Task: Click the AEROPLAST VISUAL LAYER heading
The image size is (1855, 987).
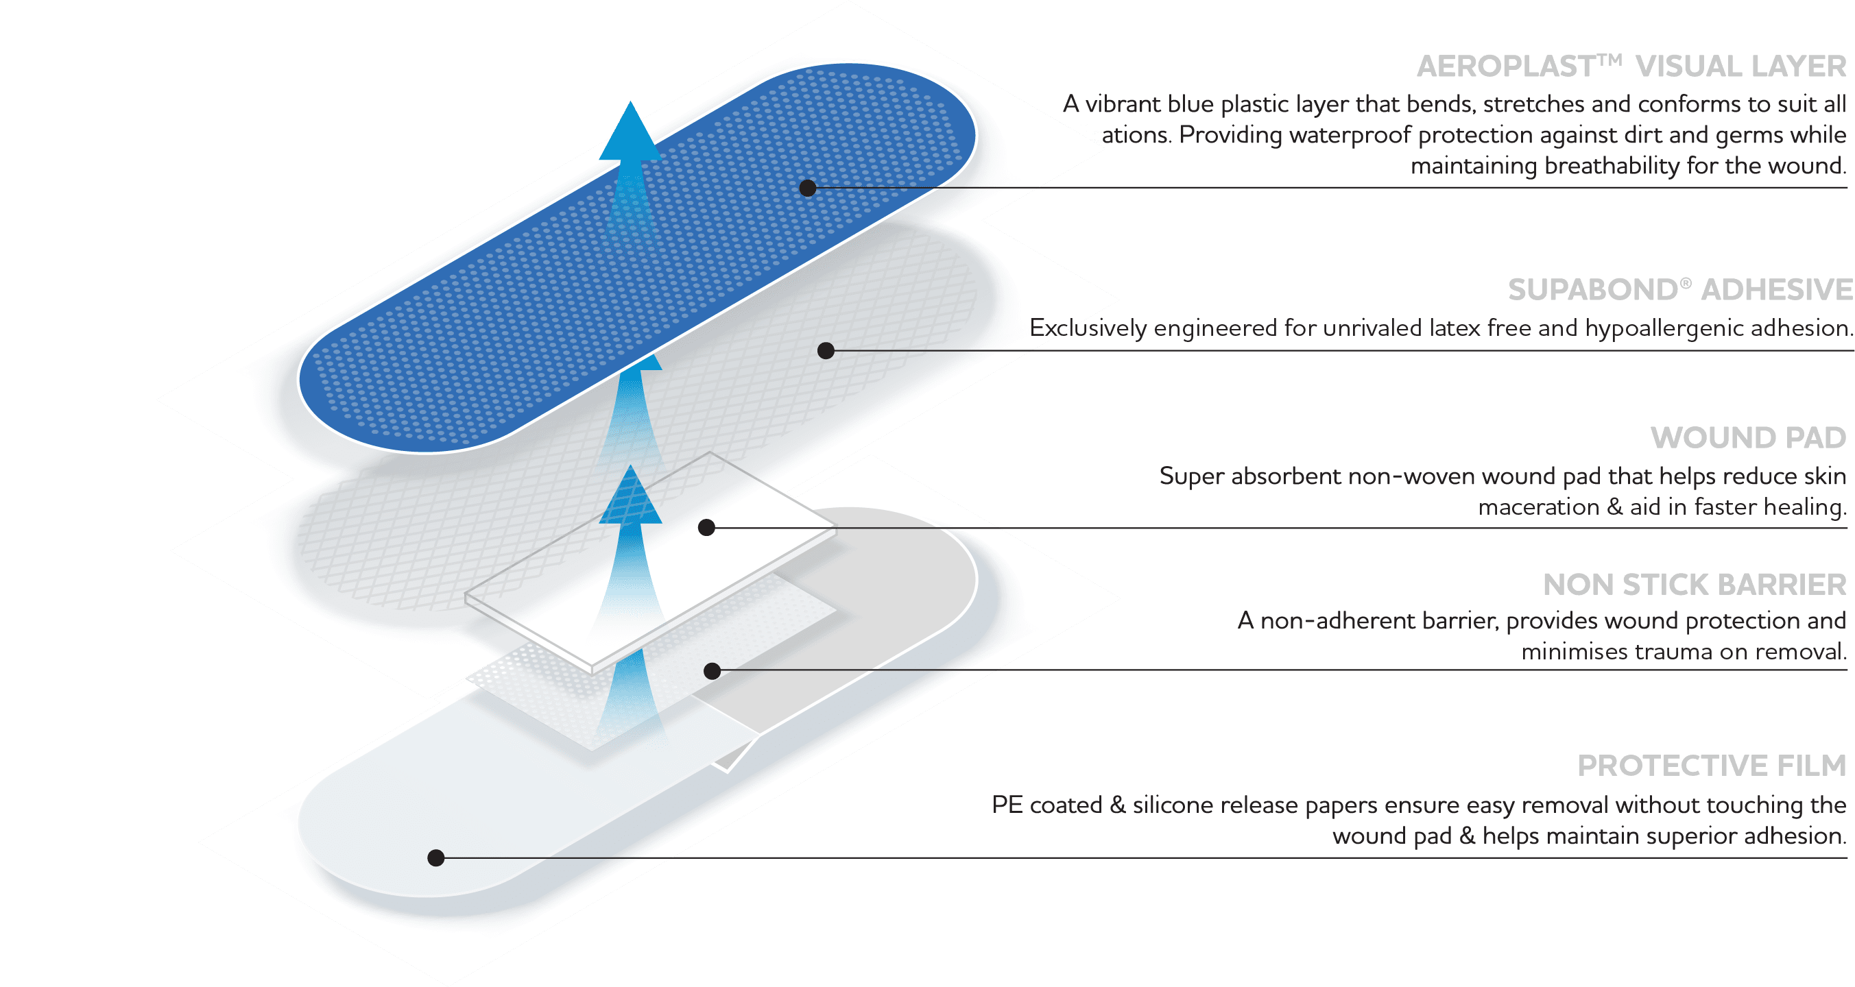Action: coord(1631,67)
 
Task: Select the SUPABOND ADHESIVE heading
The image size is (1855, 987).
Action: coord(1680,290)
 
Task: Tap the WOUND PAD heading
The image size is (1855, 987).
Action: coord(1749,438)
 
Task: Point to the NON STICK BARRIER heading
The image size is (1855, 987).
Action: coord(1695,585)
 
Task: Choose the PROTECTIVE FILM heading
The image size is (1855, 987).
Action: coord(1712,766)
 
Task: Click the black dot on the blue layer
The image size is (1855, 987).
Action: coord(808,188)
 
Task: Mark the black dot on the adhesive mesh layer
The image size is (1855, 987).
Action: coord(826,351)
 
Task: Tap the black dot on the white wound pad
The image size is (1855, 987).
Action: coord(706,528)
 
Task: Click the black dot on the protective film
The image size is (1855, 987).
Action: coord(435,857)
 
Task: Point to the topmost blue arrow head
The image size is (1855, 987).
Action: coord(630,133)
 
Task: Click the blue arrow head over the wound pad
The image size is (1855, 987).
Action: coord(631,497)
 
